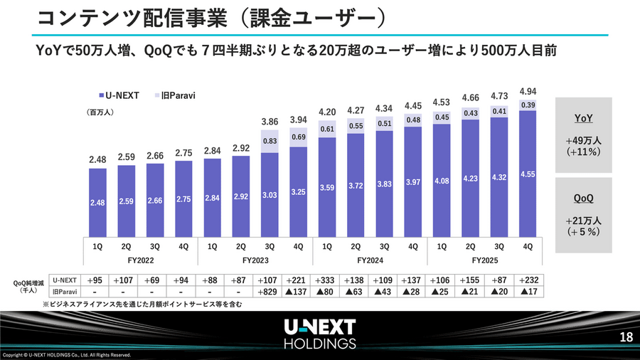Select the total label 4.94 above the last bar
pos(528,92)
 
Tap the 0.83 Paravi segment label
pos(271,142)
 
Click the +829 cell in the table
pos(270,293)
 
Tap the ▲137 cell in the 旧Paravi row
pos(299,293)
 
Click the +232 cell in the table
pos(528,280)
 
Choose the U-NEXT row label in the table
pos(65,280)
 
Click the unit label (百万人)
pos(100,112)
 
